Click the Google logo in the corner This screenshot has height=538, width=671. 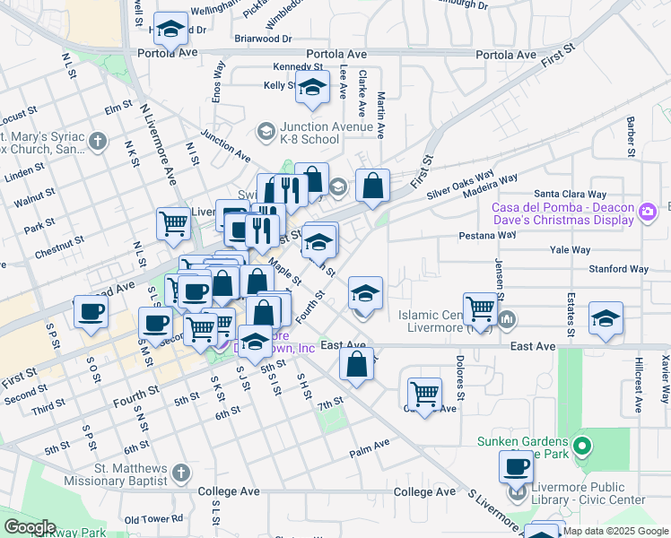coord(30,527)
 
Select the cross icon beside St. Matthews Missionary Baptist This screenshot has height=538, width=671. coord(180,472)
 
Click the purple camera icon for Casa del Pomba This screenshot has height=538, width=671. coord(648,212)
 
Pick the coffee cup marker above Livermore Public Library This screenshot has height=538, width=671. coord(518,467)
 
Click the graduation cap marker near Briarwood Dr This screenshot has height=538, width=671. coord(170,30)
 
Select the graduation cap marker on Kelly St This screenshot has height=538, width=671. coord(312,88)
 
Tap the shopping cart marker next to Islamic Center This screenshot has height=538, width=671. coord(481,309)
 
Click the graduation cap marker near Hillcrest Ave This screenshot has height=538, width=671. coord(606,318)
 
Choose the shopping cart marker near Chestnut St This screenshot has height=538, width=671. coord(173,224)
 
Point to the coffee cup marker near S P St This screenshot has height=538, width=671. coord(91,312)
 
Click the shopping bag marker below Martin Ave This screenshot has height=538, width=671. coord(372,186)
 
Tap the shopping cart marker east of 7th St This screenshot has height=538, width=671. coord(423,393)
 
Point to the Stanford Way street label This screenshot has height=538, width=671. coord(618,268)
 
